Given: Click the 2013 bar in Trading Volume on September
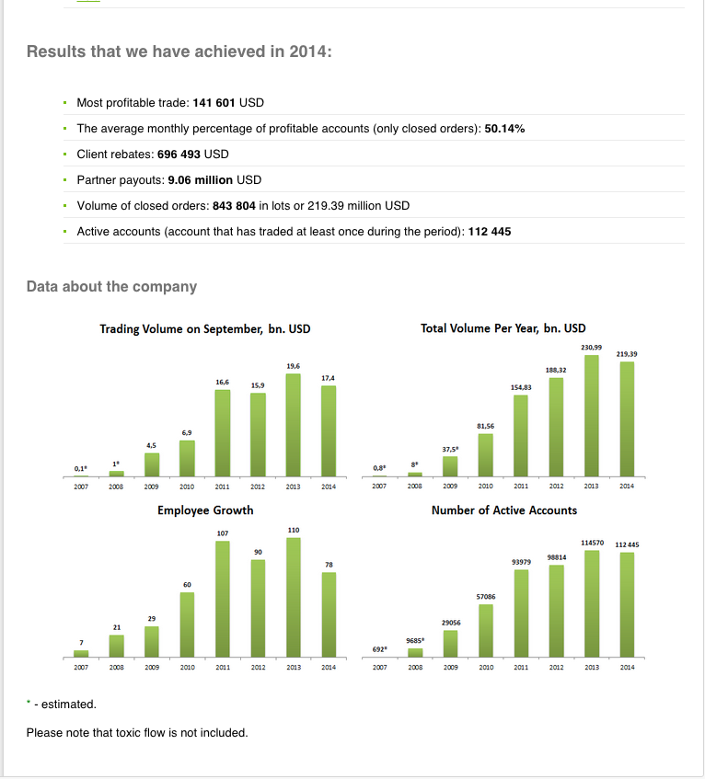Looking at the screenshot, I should point(294,424).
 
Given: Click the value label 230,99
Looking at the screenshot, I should point(591,347).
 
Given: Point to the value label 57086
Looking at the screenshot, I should point(487,596).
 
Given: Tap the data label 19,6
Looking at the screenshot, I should point(294,366).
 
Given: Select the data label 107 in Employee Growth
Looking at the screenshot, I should point(223,533).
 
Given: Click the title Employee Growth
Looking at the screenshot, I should point(205,510).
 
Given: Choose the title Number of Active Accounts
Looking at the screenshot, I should point(504,510).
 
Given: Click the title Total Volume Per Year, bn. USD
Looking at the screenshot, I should point(503,327).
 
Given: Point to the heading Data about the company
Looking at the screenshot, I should point(111,286).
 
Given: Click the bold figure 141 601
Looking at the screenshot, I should point(214,102).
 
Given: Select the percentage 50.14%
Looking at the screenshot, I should point(504,128).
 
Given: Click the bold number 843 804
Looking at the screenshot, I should point(234,205).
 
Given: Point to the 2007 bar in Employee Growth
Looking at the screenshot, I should point(81,653).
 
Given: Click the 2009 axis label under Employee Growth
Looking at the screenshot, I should point(152,668).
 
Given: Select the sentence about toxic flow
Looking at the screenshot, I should point(137,732).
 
